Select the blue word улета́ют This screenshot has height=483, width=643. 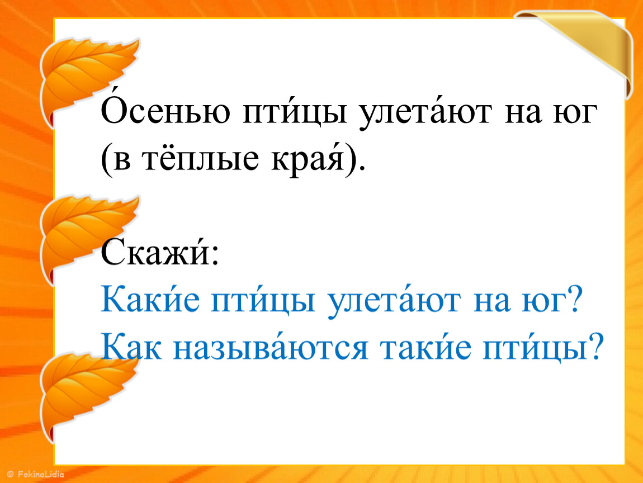coord(393,301)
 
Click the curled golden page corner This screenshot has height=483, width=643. coord(587,49)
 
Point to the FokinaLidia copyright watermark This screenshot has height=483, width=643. coord(36,475)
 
